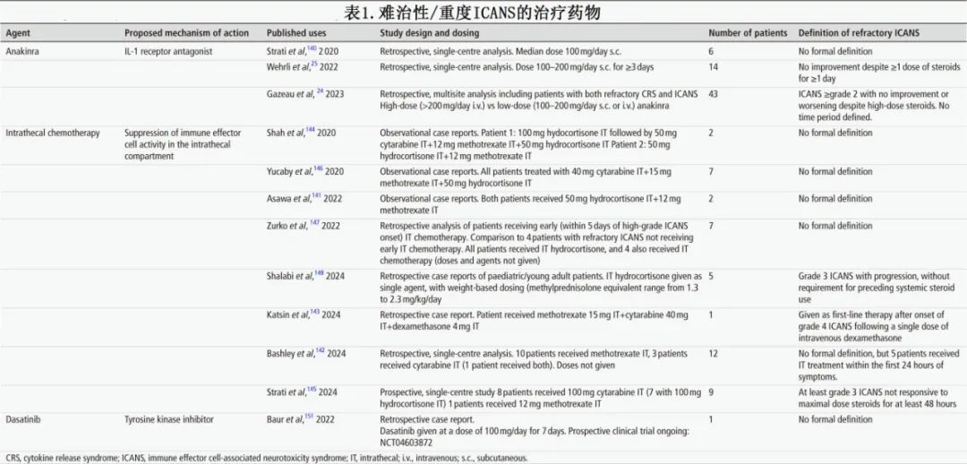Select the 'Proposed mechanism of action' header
(x=186, y=33)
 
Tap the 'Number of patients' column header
(x=749, y=33)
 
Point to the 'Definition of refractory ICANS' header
(x=859, y=33)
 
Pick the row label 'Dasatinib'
(x=25, y=419)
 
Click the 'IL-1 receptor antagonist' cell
(x=168, y=52)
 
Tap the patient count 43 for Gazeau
(x=714, y=94)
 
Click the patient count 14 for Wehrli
(x=714, y=67)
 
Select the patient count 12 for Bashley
(x=714, y=354)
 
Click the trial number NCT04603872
(x=413, y=442)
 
